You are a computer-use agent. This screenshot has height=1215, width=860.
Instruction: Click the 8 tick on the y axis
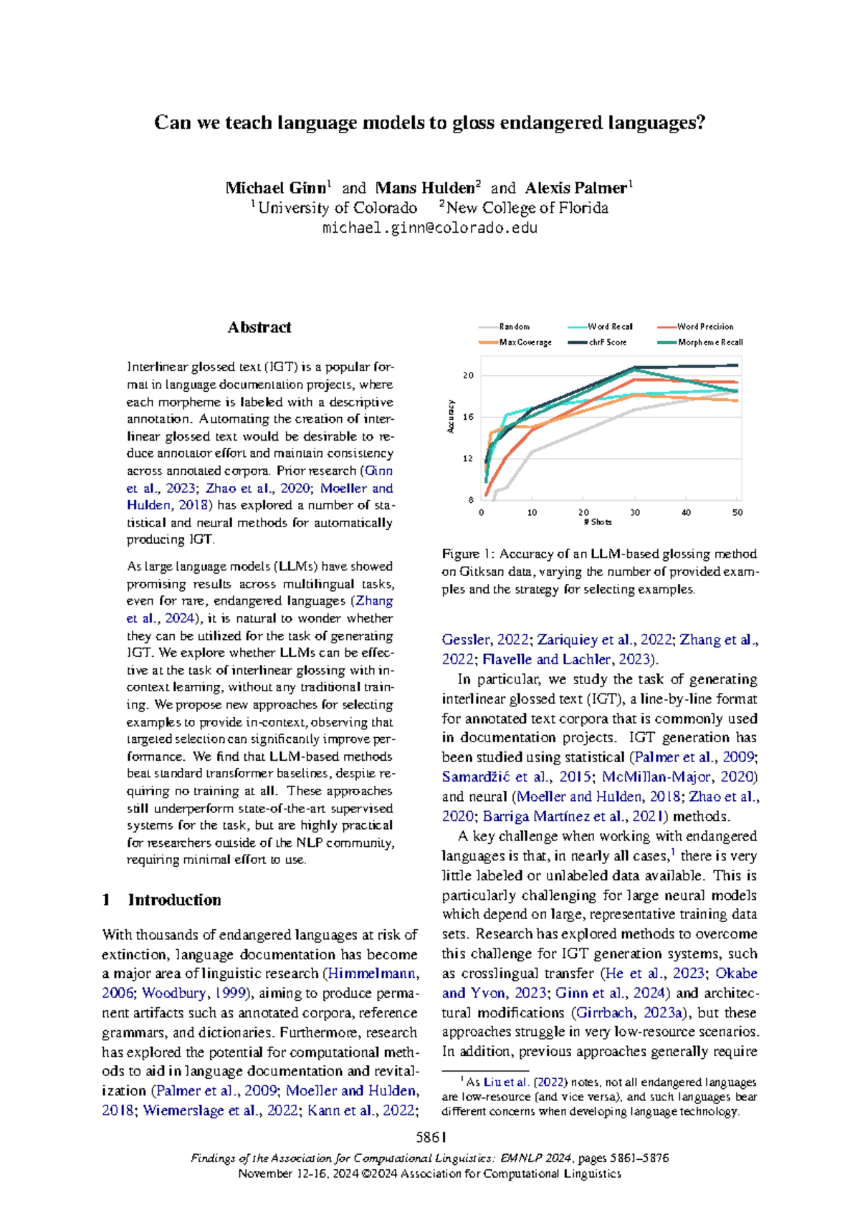click(x=471, y=500)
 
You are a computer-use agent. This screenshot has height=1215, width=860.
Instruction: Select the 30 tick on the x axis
click(x=635, y=513)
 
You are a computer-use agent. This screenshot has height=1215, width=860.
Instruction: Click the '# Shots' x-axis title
click(x=598, y=522)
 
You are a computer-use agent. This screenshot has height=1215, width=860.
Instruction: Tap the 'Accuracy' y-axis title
click(x=451, y=416)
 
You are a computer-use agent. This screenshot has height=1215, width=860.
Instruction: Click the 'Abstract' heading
click(x=259, y=327)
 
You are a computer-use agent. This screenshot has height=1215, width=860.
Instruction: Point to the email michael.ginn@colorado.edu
click(x=429, y=229)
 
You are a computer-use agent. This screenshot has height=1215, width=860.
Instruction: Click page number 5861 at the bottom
click(x=431, y=1137)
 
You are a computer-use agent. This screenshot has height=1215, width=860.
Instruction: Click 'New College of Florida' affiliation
click(x=527, y=208)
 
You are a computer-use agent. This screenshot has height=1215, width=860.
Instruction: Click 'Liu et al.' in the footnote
click(x=507, y=1082)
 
